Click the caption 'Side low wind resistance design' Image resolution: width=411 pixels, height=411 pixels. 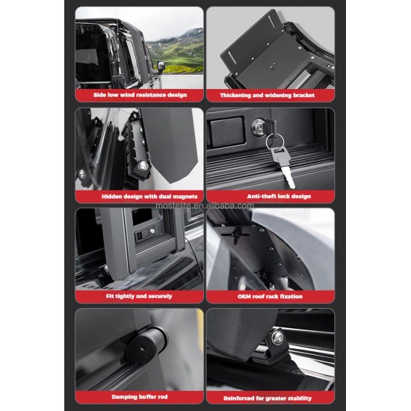(x=139, y=96)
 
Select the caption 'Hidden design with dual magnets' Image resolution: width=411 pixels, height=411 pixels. (x=139, y=197)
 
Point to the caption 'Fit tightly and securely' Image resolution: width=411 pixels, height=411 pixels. (x=139, y=297)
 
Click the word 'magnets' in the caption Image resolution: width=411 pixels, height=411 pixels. (x=164, y=197)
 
